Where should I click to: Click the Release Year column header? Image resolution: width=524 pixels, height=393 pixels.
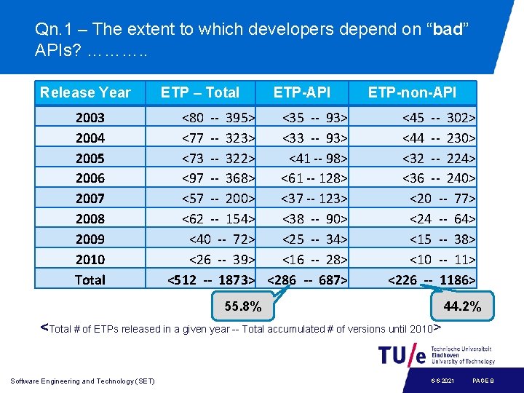pyautogui.click(x=85, y=92)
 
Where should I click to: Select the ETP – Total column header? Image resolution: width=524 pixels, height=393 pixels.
pyautogui.click(x=199, y=92)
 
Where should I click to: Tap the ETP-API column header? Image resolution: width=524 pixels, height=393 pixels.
pyautogui.click(x=301, y=92)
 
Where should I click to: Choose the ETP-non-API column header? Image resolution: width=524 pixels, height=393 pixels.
pyautogui.click(x=412, y=92)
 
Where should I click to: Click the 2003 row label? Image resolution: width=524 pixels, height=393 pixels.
pyautogui.click(x=90, y=117)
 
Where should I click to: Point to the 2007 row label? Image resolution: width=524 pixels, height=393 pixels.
pyautogui.click(x=90, y=198)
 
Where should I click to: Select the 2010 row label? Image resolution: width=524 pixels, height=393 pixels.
pyautogui.click(x=90, y=259)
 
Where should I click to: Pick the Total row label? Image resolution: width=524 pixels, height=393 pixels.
pyautogui.click(x=90, y=279)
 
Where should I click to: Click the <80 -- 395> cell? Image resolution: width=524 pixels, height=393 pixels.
pyautogui.click(x=218, y=117)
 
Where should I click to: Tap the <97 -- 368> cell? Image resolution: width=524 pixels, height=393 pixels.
pyautogui.click(x=218, y=178)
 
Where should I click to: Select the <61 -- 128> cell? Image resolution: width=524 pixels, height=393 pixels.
pyautogui.click(x=314, y=178)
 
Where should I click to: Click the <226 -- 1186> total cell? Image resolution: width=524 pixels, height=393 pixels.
pyautogui.click(x=432, y=279)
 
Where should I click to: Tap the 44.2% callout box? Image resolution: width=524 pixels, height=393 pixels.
pyautogui.click(x=462, y=306)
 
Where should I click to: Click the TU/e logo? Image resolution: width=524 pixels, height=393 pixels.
pyautogui.click(x=402, y=355)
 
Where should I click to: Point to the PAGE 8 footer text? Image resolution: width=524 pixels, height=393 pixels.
pyautogui.click(x=483, y=381)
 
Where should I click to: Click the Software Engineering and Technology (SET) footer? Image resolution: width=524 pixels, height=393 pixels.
pyautogui.click(x=83, y=381)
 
